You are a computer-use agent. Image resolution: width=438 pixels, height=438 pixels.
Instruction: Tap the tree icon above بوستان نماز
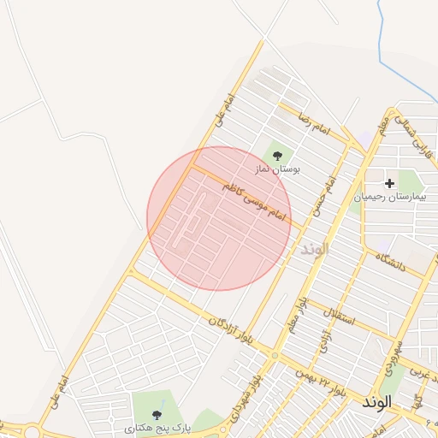click(x=276, y=155)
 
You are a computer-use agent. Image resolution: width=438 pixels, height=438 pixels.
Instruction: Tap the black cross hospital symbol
click(x=390, y=183)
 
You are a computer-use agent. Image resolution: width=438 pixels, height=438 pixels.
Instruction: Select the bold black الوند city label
click(x=376, y=400)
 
